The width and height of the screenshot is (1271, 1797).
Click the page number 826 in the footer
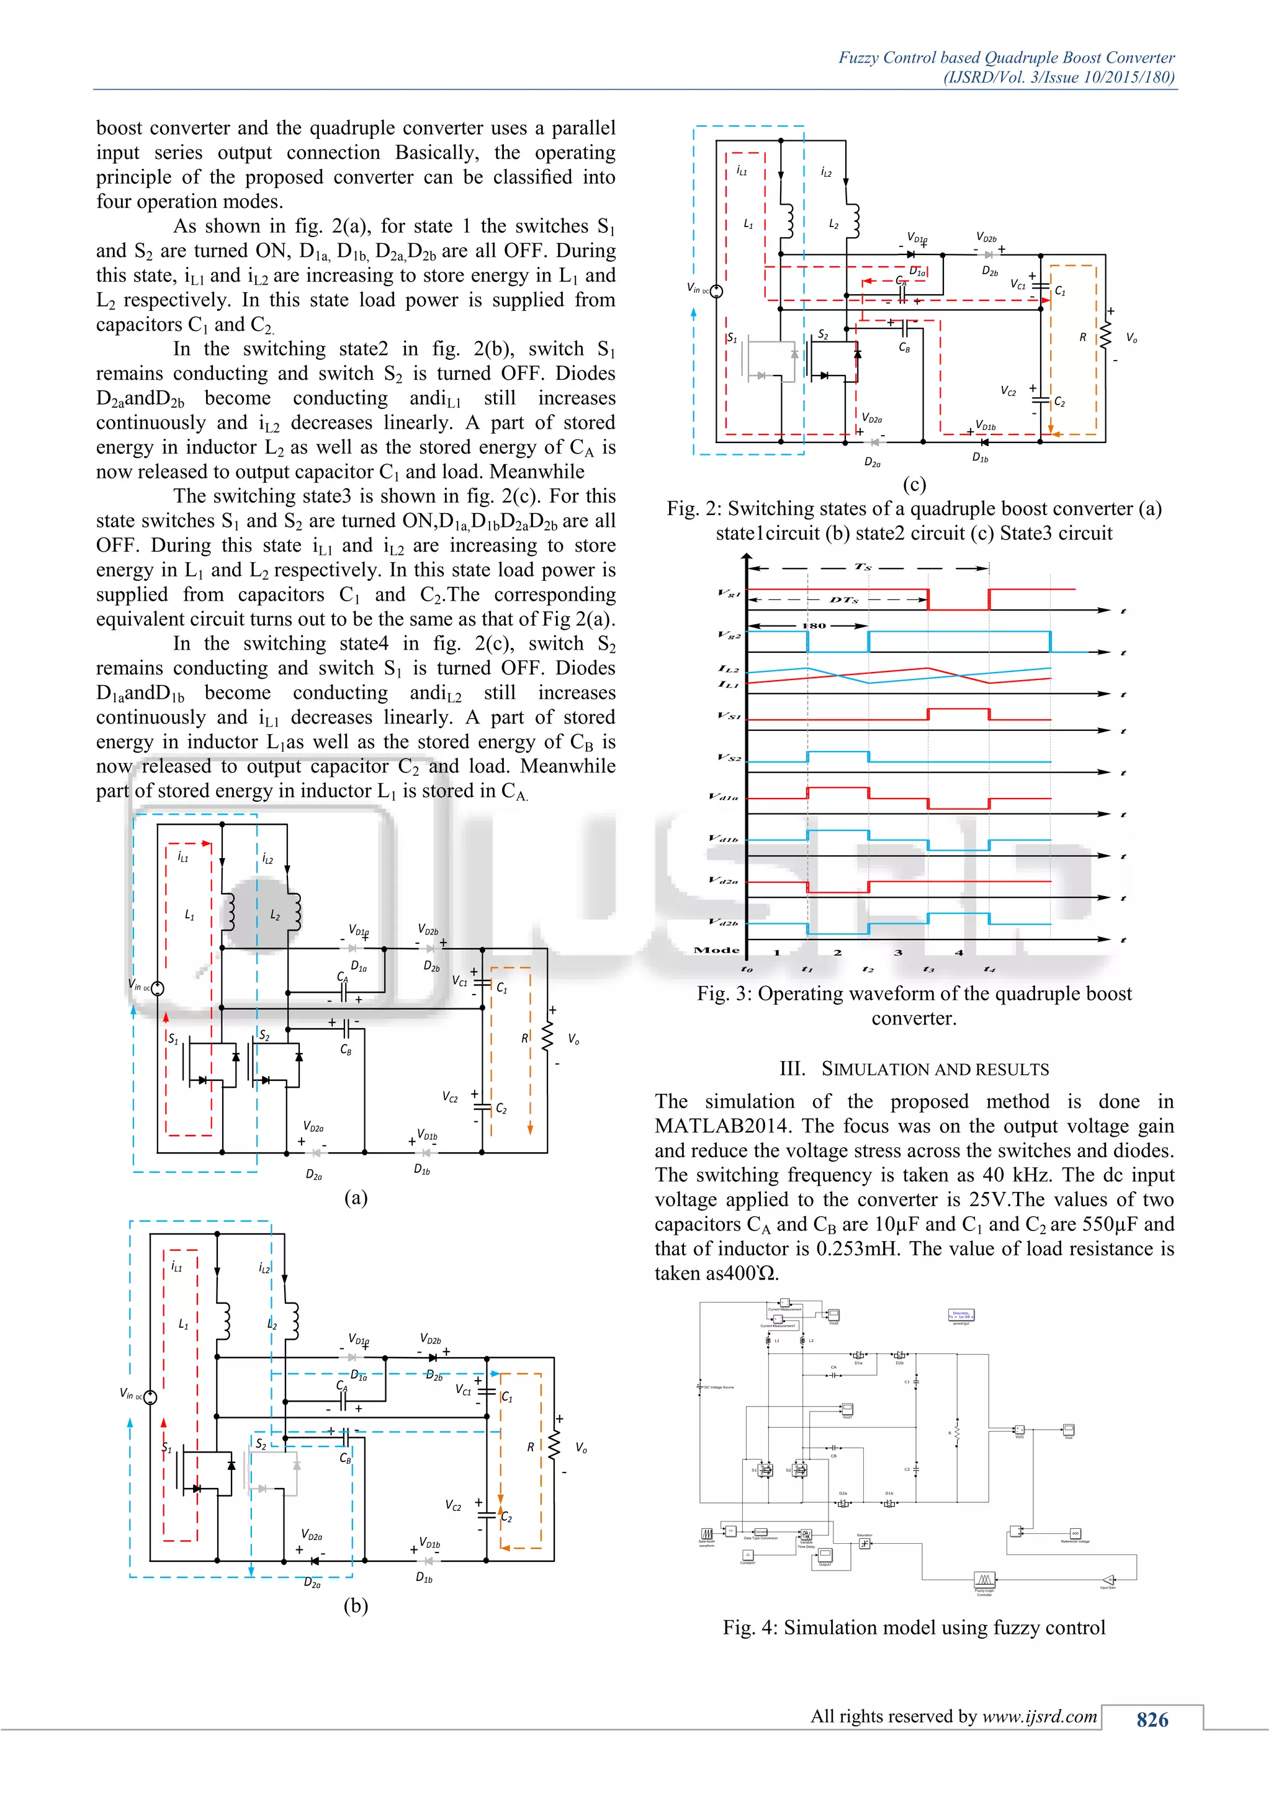1152,1719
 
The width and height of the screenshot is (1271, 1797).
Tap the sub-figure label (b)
356,1605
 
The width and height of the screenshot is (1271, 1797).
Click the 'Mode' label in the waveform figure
716,950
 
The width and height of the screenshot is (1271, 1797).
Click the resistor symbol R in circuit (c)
1105,336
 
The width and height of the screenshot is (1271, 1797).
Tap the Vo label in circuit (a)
573,1039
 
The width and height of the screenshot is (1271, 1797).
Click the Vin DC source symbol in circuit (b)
150,1397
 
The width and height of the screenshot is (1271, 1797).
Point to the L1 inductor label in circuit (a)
189,914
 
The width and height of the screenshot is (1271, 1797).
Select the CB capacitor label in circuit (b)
345,1458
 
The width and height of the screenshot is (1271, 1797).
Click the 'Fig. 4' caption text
914,1628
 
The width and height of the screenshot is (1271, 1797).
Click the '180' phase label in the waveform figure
814,625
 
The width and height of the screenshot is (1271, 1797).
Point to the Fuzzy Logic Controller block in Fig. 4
984,1579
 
